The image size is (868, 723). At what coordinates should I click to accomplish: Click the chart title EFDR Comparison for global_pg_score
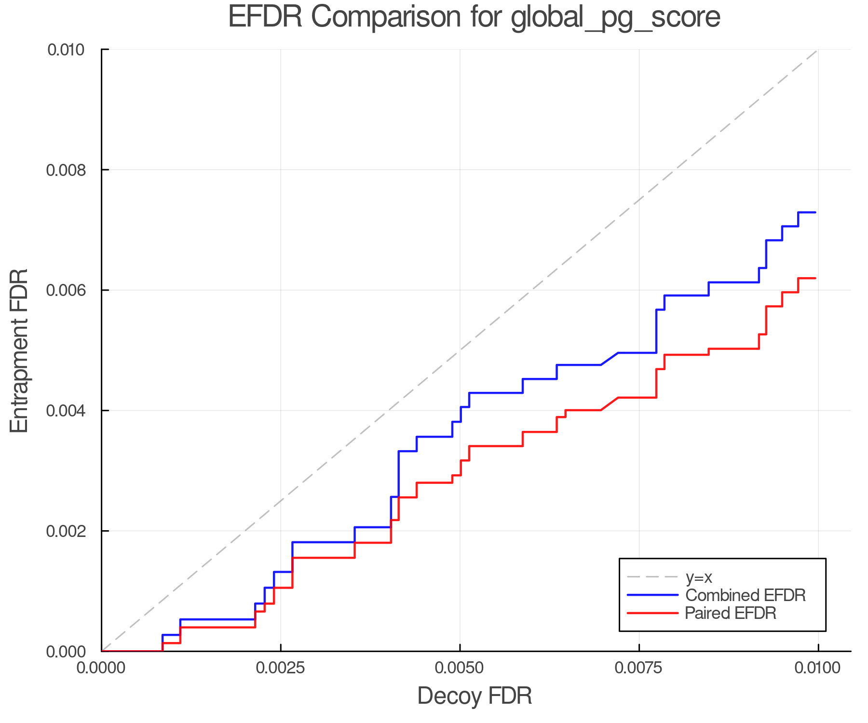(474, 17)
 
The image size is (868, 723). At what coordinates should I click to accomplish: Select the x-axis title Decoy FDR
(475, 696)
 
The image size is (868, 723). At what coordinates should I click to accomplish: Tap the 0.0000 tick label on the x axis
(102, 668)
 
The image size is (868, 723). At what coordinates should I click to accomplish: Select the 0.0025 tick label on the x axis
(281, 668)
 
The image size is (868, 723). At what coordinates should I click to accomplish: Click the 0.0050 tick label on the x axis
(460, 668)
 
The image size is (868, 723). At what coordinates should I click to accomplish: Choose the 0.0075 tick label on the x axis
(639, 668)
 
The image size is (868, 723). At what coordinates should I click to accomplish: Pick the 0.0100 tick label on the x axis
(818, 668)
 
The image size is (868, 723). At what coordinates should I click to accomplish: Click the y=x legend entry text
(699, 577)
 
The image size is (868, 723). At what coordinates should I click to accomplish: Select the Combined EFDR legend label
(745, 595)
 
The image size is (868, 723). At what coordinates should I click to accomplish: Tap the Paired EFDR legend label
(730, 613)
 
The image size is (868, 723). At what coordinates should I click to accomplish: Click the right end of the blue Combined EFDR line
(815, 213)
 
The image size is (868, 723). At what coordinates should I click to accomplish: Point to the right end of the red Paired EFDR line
(815, 278)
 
